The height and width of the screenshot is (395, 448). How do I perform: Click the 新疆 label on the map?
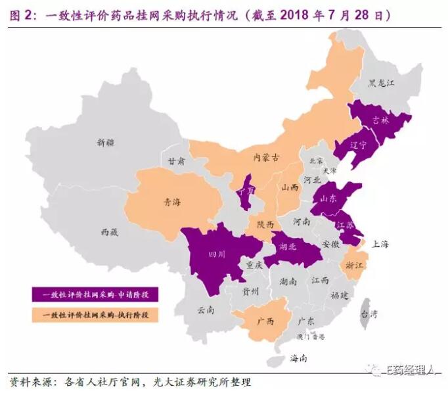pos(104,141)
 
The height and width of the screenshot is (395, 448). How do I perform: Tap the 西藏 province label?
pos(109,232)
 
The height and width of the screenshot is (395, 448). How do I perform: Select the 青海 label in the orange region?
pos(172,202)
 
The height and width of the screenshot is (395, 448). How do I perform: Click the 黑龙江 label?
pos(381,83)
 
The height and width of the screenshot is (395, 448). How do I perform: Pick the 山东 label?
pos(328,197)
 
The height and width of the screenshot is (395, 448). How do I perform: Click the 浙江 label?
pos(353,266)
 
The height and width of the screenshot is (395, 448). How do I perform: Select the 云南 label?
pos(206,308)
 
